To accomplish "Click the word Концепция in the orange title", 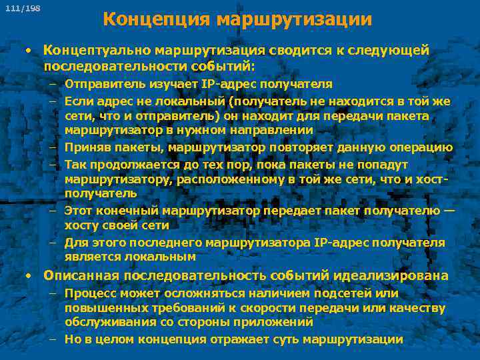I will [x=157, y=20].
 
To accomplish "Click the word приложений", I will [x=276, y=322].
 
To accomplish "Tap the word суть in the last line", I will [x=282, y=339].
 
